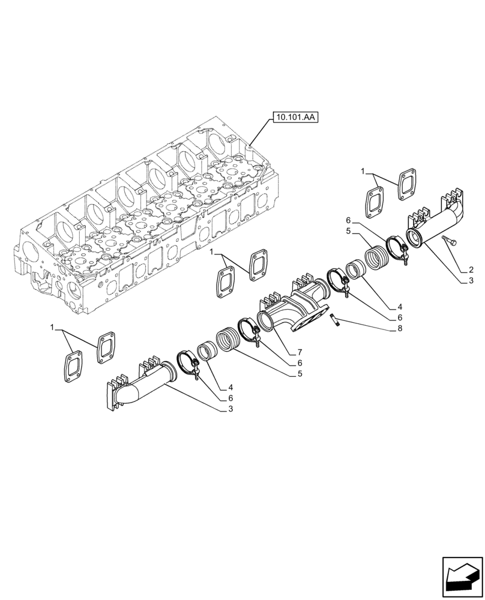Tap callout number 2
pyautogui.click(x=471, y=270)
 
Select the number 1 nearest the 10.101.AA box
pyautogui.click(x=364, y=172)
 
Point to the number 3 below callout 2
pyautogui.click(x=471, y=280)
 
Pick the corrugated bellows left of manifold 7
pyautogui.click(x=227, y=340)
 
